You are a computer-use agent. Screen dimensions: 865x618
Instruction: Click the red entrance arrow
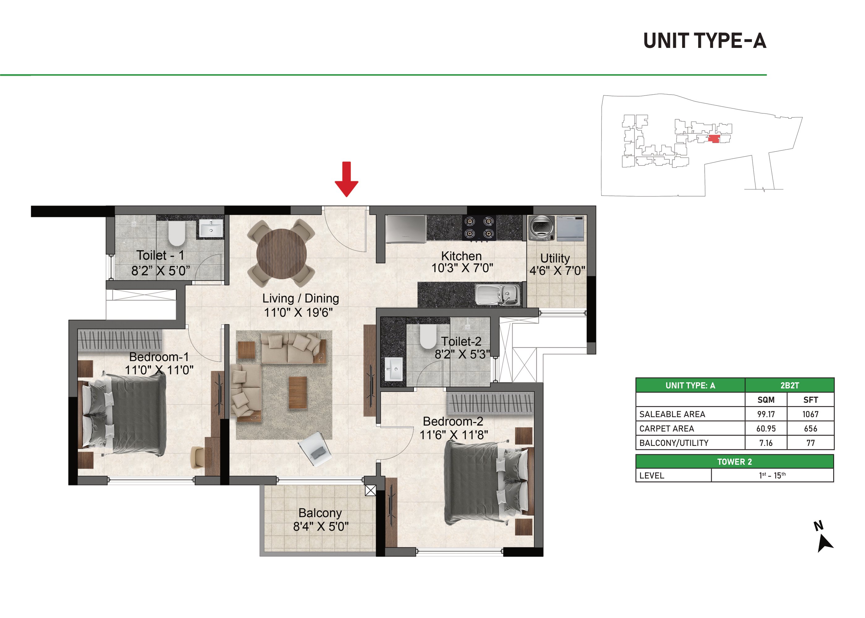coord(346,179)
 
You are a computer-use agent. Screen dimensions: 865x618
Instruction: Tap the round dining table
coord(281,254)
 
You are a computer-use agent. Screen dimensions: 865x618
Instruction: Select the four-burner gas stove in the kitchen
coord(479,227)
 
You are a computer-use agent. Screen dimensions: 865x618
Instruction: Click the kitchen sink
coord(498,295)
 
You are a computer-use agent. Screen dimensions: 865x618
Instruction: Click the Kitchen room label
coord(462,256)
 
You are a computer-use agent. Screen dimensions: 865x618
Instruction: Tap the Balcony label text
coord(320,513)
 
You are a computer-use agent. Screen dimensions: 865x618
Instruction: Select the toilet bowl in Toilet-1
coord(176,234)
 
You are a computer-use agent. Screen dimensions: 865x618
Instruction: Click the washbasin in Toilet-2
coord(393,369)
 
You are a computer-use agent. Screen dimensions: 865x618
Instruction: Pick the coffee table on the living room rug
coord(298,392)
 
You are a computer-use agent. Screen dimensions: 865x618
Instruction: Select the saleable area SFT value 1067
coord(810,414)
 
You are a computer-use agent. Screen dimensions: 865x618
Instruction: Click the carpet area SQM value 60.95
coord(766,429)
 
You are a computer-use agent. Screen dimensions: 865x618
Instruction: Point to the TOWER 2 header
coord(735,462)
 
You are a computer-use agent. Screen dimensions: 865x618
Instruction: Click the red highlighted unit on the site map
coord(714,139)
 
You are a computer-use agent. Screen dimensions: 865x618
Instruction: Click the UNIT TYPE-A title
coord(704,41)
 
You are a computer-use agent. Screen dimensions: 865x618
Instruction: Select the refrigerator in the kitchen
coord(406,229)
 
